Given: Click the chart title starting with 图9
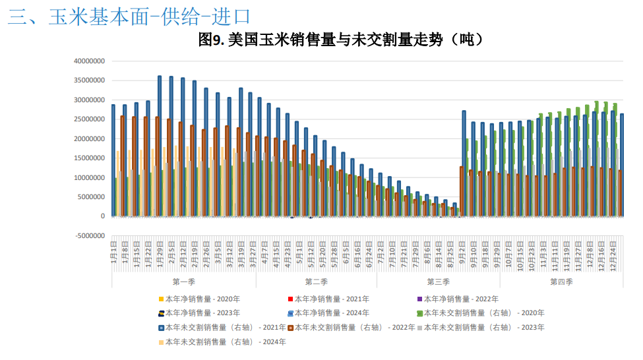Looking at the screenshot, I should [342, 40].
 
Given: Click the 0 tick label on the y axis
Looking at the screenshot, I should [102, 216].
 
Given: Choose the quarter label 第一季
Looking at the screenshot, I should [183, 282].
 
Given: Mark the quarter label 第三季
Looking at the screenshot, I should [438, 282].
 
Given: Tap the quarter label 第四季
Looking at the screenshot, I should [561, 282].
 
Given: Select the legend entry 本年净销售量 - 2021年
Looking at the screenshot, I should [330, 299].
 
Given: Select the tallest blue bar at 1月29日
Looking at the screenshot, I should [160, 146].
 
